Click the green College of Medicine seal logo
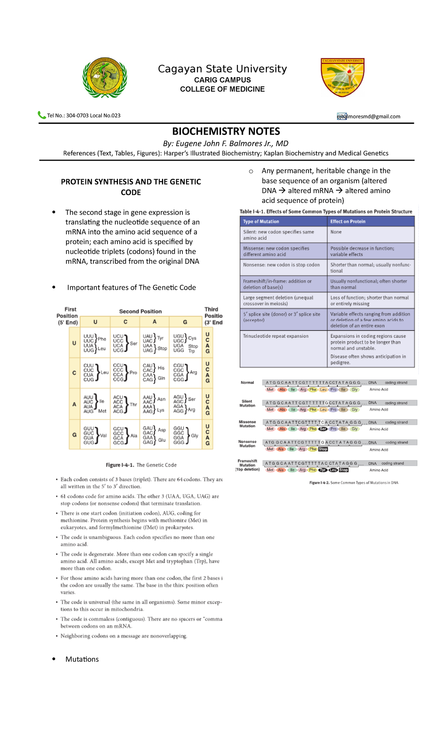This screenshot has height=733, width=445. (x=105, y=78)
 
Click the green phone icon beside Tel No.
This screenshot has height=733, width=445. (x=42, y=115)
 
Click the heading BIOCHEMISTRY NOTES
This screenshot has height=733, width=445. (x=226, y=131)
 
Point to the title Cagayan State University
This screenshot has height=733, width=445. (x=222, y=69)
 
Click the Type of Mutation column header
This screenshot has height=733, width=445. (x=261, y=221)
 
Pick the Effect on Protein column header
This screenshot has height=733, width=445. (x=348, y=221)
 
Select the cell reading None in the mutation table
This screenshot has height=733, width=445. (x=336, y=232)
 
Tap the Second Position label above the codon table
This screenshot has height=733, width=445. (x=140, y=311)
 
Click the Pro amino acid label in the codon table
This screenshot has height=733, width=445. (x=133, y=372)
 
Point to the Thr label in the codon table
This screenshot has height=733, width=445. (x=133, y=404)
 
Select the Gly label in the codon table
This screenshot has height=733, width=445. (x=194, y=435)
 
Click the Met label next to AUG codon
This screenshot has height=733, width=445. (x=102, y=411)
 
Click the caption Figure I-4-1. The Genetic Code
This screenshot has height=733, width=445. (x=141, y=465)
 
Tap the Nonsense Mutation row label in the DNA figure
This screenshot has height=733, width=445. (x=247, y=444)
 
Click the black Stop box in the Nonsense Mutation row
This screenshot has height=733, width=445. (x=323, y=449)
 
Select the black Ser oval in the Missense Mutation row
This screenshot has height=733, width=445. (x=323, y=429)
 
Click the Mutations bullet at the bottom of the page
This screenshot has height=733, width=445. (x=82, y=659)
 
